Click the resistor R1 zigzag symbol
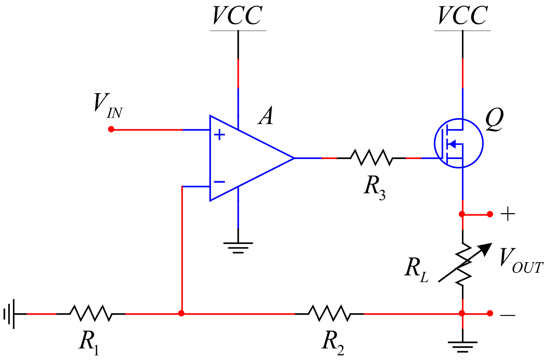[91, 313]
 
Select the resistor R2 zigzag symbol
[329, 313]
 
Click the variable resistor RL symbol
[463, 264]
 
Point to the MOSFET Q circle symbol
[459, 143]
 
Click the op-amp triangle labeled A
[245, 158]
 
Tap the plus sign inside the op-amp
[220, 135]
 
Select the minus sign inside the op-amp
[220, 182]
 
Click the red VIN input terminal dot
[111, 129]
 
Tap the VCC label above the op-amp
[238, 16]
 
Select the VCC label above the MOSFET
[462, 16]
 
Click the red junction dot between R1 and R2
[181, 313]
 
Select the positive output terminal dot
[490, 214]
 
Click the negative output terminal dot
[490, 313]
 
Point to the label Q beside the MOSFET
[494, 119]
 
